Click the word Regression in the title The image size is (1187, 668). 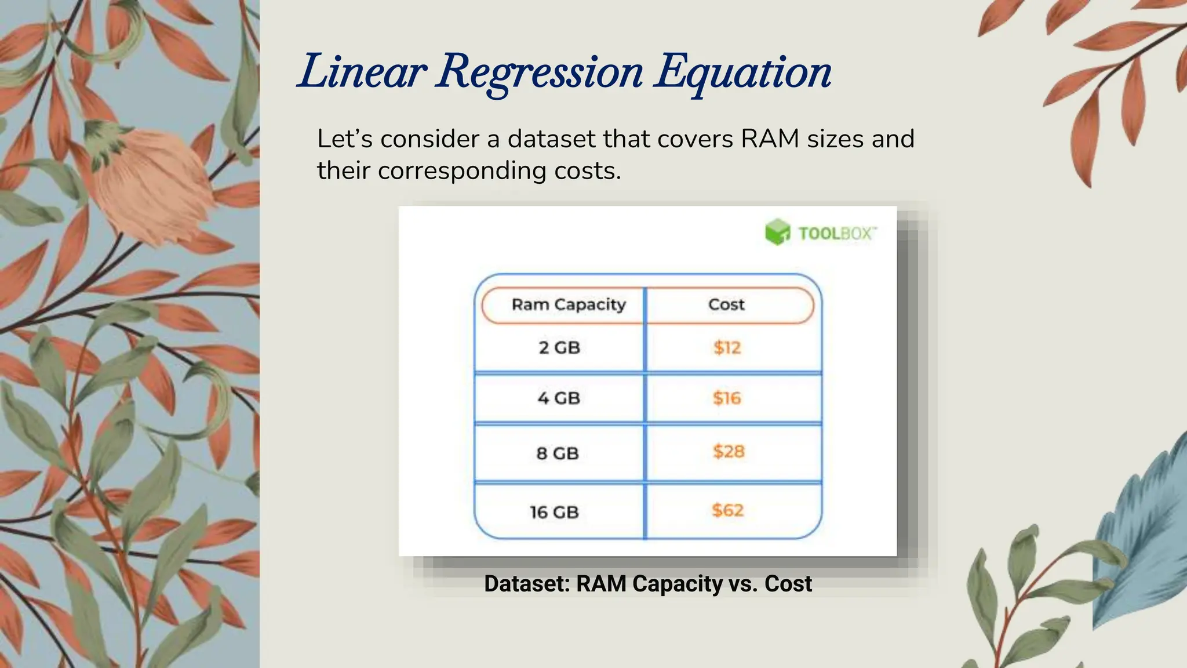tap(539, 72)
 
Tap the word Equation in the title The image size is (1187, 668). tap(743, 72)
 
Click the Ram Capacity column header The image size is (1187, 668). tap(568, 304)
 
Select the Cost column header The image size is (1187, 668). tap(726, 304)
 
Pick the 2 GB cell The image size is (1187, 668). tap(559, 347)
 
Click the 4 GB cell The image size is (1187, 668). tap(559, 398)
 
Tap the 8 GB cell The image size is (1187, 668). tap(558, 453)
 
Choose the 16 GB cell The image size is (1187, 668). tap(554, 512)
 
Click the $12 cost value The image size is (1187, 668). tap(727, 347)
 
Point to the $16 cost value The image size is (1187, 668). tap(727, 398)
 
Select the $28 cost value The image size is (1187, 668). tap(729, 451)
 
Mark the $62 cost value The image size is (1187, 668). tap(727, 510)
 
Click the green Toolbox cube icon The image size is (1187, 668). tap(777, 232)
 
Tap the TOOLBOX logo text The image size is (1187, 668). tap(836, 234)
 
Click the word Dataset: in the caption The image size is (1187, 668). tap(527, 584)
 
